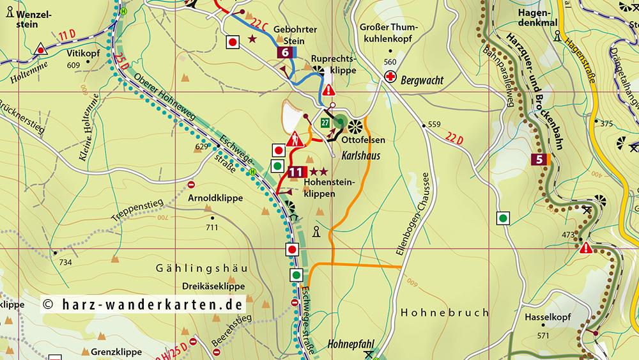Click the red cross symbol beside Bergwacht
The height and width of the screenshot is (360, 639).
[390, 77]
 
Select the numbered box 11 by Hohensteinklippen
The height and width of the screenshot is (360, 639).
[296, 171]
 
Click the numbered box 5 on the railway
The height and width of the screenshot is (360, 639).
[541, 160]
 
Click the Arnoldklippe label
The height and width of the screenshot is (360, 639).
[215, 198]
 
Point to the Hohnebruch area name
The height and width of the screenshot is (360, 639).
[444, 313]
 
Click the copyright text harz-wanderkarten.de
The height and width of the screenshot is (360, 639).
[144, 304]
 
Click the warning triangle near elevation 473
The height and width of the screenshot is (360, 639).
[585, 247]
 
